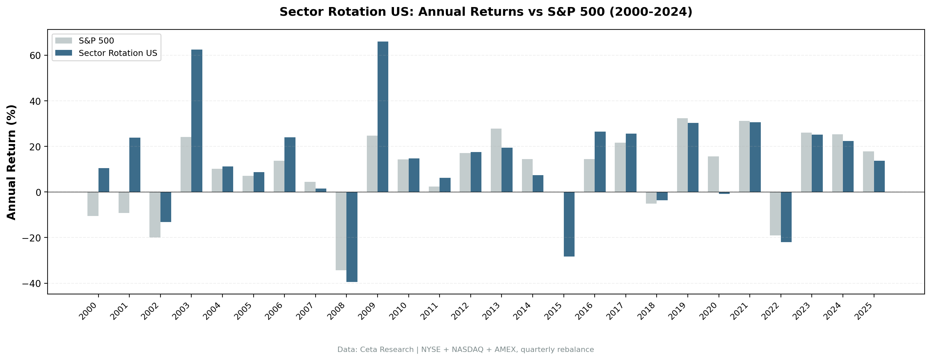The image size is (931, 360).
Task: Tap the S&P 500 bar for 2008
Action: pyautogui.click(x=341, y=231)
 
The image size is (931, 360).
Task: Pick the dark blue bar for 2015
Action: pyautogui.click(x=569, y=224)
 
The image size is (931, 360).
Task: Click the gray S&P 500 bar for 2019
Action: pyautogui.click(x=682, y=155)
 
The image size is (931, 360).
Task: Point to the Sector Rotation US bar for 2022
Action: pyautogui.click(x=786, y=217)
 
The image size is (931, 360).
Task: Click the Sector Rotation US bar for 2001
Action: pyautogui.click(x=135, y=165)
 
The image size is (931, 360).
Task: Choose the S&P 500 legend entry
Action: pyautogui.click(x=96, y=41)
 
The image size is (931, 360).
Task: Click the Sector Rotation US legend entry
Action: pyautogui.click(x=118, y=53)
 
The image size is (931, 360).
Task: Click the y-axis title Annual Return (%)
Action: pyautogui.click(x=12, y=162)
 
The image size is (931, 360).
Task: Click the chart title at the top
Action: pyautogui.click(x=486, y=12)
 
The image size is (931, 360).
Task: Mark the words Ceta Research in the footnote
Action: pyautogui.click(x=387, y=350)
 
